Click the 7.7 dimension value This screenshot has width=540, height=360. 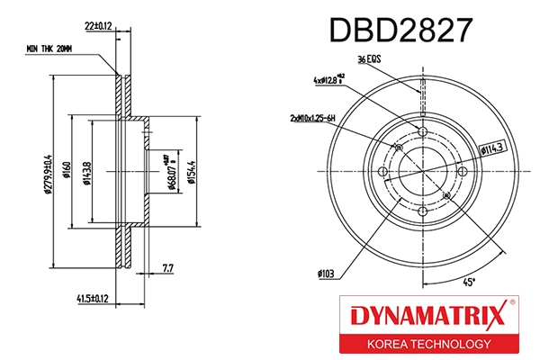tap(166, 267)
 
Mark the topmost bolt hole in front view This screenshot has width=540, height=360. tap(422, 132)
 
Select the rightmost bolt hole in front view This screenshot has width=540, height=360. tap(463, 172)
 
